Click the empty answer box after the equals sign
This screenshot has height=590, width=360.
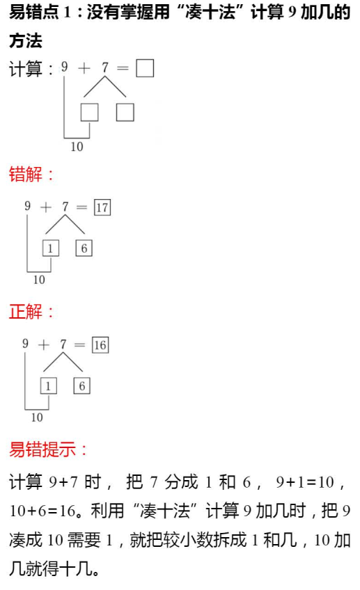point(145,68)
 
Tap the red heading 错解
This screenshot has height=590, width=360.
point(26,175)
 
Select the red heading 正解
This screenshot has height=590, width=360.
point(26,312)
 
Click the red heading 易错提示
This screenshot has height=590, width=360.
point(42,449)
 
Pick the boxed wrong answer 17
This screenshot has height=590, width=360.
point(102,207)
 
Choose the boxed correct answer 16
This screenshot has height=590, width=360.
point(100,345)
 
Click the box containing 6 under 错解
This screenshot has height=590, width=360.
point(84,248)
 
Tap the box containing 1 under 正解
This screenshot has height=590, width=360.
point(49,386)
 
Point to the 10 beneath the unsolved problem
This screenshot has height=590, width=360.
point(77,146)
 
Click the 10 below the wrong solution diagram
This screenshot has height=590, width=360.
point(39,280)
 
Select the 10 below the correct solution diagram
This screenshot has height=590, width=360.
point(37,417)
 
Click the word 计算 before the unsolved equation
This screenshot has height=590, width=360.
point(26,70)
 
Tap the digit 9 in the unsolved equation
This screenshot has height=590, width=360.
point(64,67)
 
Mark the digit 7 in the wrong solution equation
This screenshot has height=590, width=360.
point(65,206)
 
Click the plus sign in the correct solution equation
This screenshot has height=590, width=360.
point(44,344)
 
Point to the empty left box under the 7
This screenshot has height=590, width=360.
point(90,112)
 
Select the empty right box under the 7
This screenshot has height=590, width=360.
point(125,112)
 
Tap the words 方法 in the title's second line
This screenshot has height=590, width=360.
point(26,40)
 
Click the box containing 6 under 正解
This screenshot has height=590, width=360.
point(81,386)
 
